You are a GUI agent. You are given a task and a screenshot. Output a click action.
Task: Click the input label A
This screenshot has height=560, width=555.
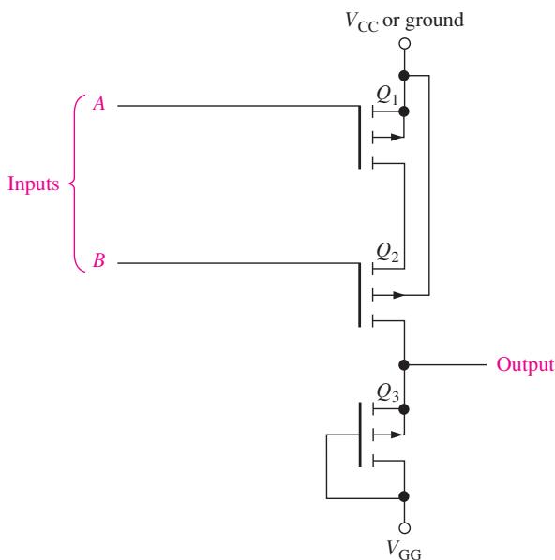point(99,104)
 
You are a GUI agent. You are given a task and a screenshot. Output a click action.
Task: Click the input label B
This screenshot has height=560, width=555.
point(99,260)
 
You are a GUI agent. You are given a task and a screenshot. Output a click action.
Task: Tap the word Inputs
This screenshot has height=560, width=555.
point(34,184)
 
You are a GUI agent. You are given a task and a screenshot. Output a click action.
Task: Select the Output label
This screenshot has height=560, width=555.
point(525,365)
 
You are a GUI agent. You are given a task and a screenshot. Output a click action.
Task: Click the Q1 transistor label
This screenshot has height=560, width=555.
point(387,96)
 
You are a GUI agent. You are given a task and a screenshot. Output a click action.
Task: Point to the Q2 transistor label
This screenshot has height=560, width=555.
point(387,252)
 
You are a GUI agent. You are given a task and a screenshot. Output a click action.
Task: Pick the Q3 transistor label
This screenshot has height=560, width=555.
point(387,392)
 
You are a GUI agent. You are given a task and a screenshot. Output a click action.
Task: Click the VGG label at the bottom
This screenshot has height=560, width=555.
point(404,550)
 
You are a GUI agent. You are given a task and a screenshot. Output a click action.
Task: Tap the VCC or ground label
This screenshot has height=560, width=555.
point(404,22)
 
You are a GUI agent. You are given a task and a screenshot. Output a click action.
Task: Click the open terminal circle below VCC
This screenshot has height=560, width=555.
point(404,44)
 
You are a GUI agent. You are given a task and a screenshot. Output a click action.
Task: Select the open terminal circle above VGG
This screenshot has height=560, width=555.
point(404,528)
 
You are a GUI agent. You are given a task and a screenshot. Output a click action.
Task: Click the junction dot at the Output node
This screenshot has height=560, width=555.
point(404,365)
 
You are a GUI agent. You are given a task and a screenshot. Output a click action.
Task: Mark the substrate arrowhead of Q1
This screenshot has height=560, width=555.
point(397,137)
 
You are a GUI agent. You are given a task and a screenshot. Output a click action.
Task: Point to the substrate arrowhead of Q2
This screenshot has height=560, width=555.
point(398,295)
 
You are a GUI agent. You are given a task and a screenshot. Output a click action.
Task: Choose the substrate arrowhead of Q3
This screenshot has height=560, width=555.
point(397,435)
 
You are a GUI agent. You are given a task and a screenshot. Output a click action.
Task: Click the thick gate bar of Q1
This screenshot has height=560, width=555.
point(360,138)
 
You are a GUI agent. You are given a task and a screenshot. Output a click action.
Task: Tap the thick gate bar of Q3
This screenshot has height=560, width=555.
point(360,435)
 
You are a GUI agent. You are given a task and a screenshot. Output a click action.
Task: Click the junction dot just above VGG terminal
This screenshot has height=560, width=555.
point(404,496)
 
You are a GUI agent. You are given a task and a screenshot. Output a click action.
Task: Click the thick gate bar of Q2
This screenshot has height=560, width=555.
point(360,295)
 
